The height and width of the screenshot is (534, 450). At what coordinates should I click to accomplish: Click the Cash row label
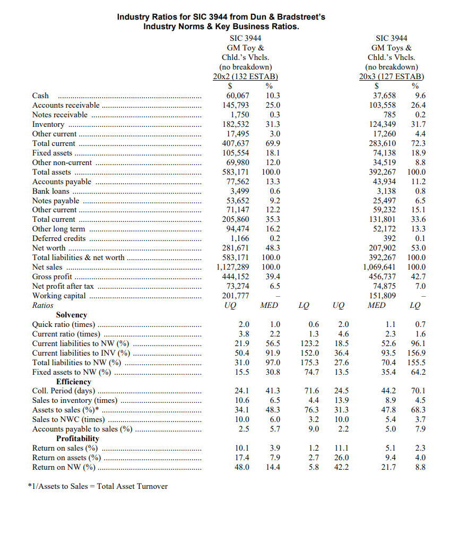(x=40, y=96)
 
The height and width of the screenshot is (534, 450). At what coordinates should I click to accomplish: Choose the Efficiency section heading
(x=74, y=382)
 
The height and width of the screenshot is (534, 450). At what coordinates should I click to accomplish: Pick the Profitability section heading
(x=77, y=438)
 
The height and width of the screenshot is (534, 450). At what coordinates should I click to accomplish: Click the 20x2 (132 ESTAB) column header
(x=245, y=76)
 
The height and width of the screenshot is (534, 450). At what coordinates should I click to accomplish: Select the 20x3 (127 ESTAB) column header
(x=391, y=76)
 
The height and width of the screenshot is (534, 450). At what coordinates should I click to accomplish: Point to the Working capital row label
(x=59, y=296)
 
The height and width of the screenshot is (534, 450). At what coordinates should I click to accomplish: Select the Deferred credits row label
(x=59, y=238)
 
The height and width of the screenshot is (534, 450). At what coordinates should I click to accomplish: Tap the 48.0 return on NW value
(x=242, y=467)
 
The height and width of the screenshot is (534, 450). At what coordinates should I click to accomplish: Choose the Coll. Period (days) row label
(x=64, y=391)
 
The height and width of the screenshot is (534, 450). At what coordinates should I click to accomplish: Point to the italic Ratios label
(x=43, y=305)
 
